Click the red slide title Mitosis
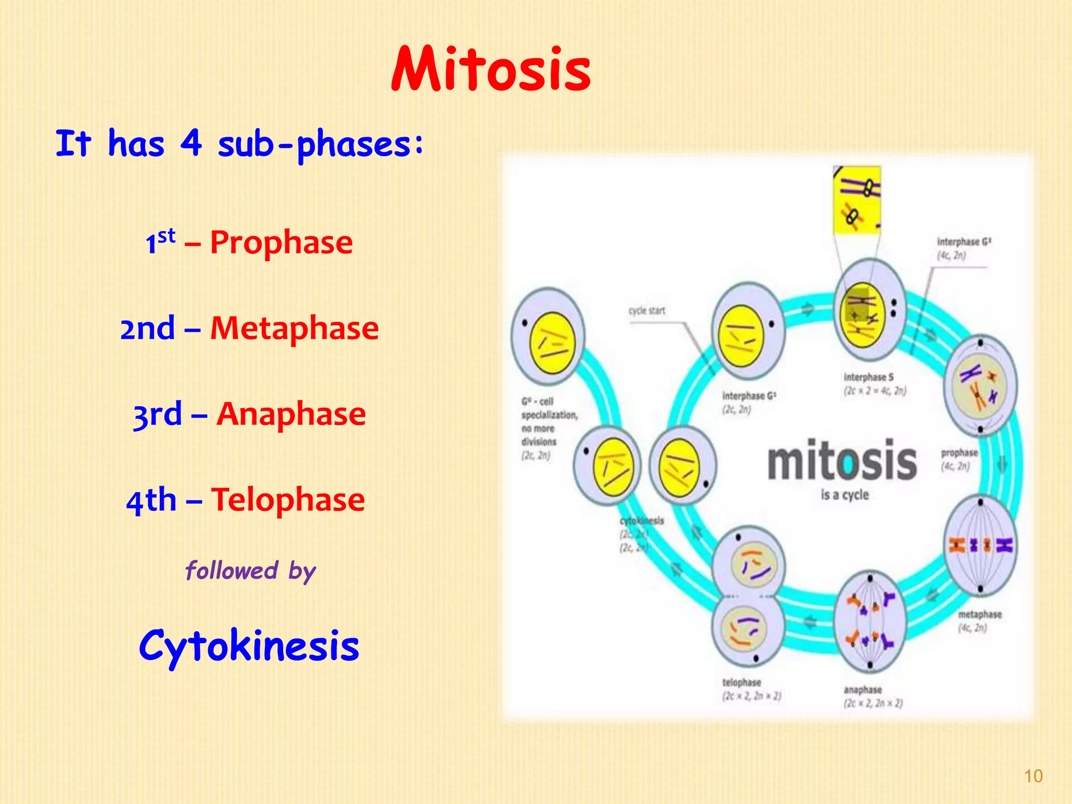pyautogui.click(x=491, y=70)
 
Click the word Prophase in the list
pyautogui.click(x=282, y=243)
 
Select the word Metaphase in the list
pyautogui.click(x=294, y=329)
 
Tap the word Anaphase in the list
pyautogui.click(x=291, y=415)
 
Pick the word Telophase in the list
pyautogui.click(x=288, y=500)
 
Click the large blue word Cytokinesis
pyautogui.click(x=249, y=646)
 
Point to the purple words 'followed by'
pyautogui.click(x=251, y=571)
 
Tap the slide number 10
pyautogui.click(x=1033, y=776)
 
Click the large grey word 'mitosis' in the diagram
pyautogui.click(x=842, y=461)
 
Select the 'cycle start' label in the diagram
pyautogui.click(x=646, y=311)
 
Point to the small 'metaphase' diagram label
pyautogui.click(x=979, y=615)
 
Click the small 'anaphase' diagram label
pyautogui.click(x=862, y=690)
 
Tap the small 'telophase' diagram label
pyautogui.click(x=741, y=683)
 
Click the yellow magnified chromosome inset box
pyautogui.click(x=856, y=199)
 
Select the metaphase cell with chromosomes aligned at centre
pyautogui.click(x=980, y=545)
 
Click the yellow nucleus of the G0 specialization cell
pyautogui.click(x=552, y=343)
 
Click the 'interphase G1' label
pyautogui.click(x=749, y=396)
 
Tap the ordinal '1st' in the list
pyautogui.click(x=160, y=242)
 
